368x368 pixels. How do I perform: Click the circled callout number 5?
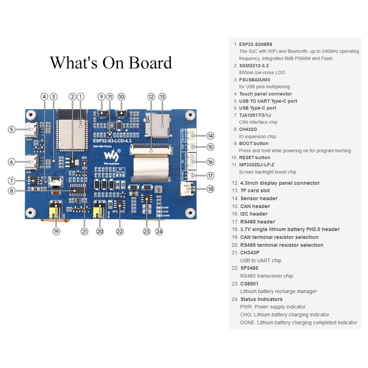click(x=11, y=130)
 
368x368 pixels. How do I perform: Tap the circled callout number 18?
click(x=210, y=189)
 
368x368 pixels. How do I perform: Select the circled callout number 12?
click(x=151, y=97)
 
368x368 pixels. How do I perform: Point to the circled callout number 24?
click(x=159, y=231)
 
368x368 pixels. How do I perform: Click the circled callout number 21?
click(x=84, y=231)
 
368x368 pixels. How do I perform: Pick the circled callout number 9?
click(x=101, y=97)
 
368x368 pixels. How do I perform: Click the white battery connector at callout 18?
click(x=187, y=189)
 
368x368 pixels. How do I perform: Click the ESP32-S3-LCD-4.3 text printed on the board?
click(x=112, y=135)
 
